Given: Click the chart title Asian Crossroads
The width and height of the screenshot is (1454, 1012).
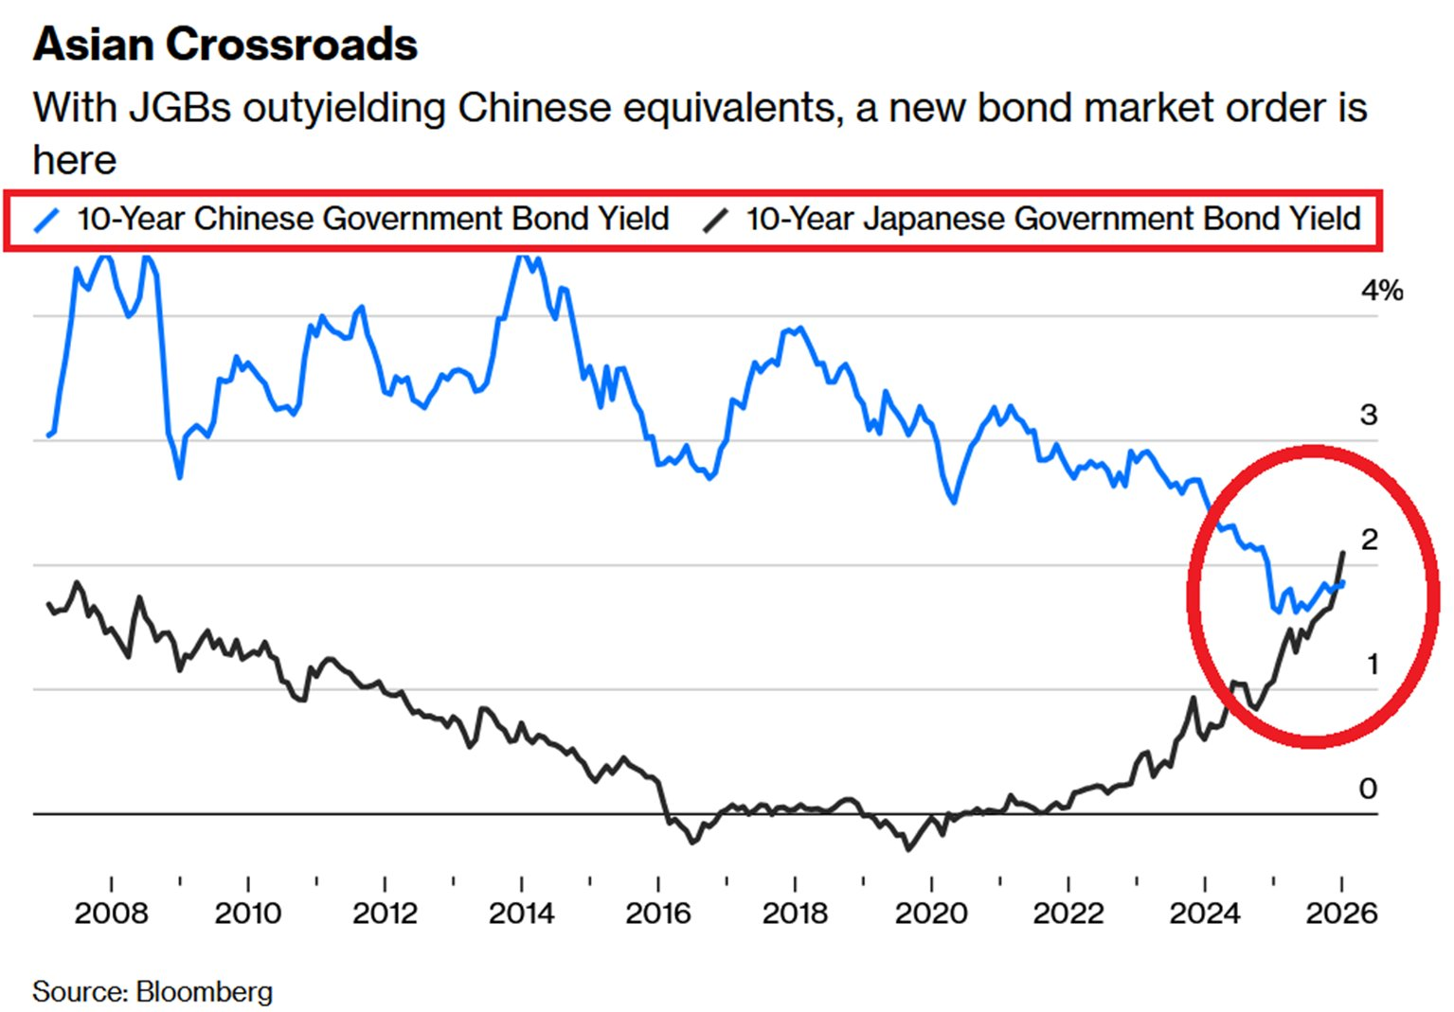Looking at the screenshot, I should click(224, 44).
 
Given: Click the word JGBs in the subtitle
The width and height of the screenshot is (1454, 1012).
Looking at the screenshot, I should click(180, 108).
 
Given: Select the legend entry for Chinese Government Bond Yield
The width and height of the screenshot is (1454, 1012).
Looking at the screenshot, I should click(372, 219).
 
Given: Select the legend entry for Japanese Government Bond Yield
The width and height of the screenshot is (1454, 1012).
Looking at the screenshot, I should click(1052, 219).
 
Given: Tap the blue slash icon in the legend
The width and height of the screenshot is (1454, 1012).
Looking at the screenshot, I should click(47, 220).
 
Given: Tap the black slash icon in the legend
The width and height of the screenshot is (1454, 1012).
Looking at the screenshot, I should click(715, 220).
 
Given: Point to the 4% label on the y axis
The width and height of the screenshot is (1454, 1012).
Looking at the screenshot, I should click(1381, 291).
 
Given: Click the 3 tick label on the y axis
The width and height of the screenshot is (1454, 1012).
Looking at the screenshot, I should click(1368, 415).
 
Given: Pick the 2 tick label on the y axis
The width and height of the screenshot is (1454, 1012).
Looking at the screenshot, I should click(1369, 540).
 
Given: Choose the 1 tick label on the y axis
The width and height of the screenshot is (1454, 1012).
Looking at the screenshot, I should click(1372, 665).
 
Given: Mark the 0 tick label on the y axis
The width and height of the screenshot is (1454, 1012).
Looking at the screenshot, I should click(1368, 789).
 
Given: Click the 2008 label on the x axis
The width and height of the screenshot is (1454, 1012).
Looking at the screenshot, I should click(111, 914).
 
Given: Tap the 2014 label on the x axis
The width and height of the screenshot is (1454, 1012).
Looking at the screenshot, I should click(521, 914).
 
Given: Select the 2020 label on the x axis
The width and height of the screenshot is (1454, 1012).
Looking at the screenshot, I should click(931, 914).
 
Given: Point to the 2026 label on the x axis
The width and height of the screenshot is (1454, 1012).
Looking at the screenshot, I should click(1341, 914).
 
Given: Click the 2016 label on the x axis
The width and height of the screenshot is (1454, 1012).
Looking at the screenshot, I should click(657, 914).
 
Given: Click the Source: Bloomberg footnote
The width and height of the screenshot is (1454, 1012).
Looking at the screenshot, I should click(153, 991).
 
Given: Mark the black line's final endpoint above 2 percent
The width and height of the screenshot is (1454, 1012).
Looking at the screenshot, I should click(1342, 553).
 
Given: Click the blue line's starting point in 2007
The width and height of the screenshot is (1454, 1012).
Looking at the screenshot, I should click(48, 436).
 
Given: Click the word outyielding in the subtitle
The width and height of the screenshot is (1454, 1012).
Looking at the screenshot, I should click(345, 108).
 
